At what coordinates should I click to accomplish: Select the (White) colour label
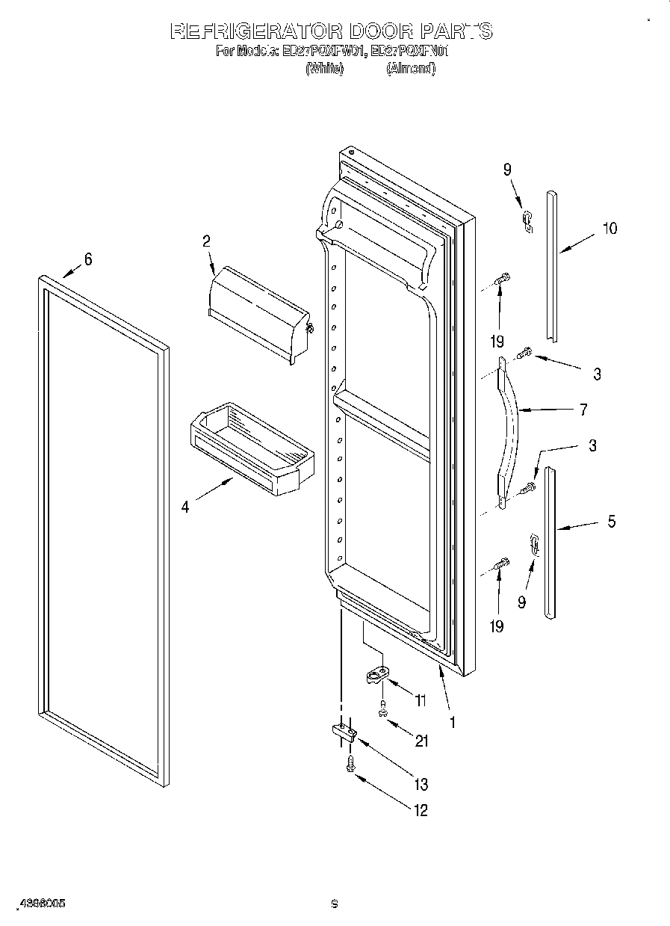point(324,68)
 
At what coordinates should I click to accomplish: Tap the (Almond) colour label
point(410,68)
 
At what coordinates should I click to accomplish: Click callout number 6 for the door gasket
point(88,259)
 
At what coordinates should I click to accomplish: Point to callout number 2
point(206,241)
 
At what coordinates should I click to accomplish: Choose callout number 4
point(184,507)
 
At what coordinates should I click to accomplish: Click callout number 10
point(610,229)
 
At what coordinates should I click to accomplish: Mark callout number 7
point(583,410)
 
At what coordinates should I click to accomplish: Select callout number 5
point(611,522)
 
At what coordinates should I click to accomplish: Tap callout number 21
point(422,741)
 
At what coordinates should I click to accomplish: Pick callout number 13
point(421,783)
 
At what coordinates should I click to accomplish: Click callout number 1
point(452,722)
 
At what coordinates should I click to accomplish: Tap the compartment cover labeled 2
point(258,314)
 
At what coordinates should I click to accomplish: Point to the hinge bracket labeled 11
point(379,676)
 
